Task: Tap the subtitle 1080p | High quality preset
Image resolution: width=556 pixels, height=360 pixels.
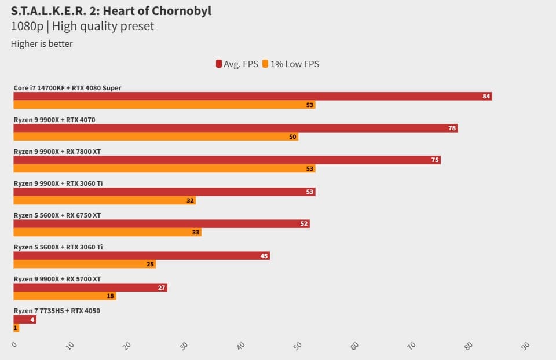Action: coord(83,27)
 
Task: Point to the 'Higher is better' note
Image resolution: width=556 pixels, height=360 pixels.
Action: coord(42,44)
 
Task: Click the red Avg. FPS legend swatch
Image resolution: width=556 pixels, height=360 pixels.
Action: coord(219,64)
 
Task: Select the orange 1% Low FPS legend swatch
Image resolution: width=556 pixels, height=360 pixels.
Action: coord(265,64)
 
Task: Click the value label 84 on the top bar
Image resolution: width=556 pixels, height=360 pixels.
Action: coord(487,96)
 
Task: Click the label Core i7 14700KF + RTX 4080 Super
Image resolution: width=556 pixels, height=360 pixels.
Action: coord(67,88)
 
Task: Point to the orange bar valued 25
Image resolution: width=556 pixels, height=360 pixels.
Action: coord(85,264)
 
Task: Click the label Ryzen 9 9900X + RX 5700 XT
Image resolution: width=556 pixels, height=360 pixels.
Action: coord(57,279)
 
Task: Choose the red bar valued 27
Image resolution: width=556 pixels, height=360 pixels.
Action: coord(90,287)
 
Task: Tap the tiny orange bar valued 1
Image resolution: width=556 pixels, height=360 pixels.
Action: coord(16,328)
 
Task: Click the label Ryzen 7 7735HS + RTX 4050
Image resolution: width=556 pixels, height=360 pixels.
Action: coord(57,311)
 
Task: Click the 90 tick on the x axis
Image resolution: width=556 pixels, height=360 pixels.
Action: coord(526,346)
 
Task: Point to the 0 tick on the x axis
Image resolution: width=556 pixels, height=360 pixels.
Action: coord(15,345)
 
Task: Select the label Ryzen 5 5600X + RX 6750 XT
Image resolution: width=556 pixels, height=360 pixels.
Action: coord(57,215)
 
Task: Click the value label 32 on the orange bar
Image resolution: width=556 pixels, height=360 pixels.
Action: coord(190,201)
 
